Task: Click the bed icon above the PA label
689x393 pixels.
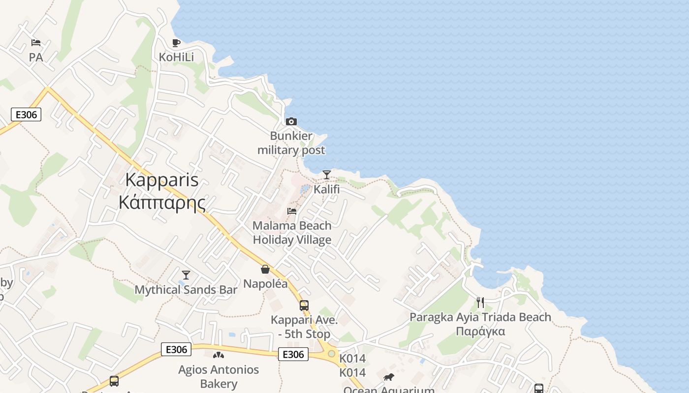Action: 35,43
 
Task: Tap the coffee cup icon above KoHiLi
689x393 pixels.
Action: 176,43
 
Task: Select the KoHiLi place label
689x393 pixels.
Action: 176,57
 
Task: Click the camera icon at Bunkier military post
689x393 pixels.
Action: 291,121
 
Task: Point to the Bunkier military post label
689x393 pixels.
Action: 291,143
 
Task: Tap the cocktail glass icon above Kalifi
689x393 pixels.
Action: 327,174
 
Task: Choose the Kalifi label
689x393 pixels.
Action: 327,189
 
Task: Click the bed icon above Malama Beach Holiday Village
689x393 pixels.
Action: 292,211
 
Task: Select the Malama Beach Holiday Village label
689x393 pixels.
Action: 292,233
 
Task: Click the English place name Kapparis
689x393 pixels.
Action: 162,180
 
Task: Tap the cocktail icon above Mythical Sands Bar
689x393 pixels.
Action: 186,275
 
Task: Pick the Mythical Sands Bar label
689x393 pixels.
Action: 186,290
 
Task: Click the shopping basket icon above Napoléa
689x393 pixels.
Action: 265,269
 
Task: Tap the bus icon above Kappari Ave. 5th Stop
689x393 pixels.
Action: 304,305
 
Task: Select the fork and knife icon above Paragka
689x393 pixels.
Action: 480,303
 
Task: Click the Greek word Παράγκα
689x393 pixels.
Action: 480,331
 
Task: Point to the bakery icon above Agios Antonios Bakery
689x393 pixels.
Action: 219,355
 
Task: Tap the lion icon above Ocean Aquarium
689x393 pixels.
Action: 389,377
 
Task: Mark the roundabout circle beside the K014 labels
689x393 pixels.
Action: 331,354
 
